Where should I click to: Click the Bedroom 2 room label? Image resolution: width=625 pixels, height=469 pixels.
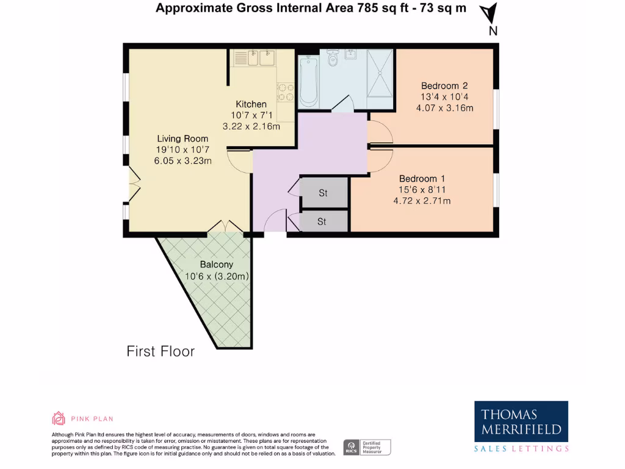pos(444,85)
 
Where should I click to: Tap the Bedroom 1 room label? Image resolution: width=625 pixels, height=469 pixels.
pos(422,178)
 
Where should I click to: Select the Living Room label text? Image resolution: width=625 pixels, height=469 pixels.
pos(182,139)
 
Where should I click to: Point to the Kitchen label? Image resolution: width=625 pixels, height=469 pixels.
pos(251,104)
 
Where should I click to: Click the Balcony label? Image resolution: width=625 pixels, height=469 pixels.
pos(217,264)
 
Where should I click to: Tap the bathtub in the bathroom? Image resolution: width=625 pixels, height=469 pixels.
pos(307,81)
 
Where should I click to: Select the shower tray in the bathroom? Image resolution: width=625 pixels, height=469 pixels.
pos(380,73)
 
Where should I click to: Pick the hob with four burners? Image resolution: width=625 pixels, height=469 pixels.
pos(285,92)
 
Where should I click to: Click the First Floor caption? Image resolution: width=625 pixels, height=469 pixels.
pos(161,351)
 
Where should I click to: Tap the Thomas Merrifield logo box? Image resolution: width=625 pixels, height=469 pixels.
pos(521,421)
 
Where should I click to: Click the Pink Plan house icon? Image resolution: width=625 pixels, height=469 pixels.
pos(59,418)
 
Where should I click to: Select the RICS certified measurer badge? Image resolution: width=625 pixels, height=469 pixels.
pos(367,447)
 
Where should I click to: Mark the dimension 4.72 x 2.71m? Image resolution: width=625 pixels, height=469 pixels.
pos(425,200)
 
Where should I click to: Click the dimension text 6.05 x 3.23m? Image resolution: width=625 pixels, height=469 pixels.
pos(183,161)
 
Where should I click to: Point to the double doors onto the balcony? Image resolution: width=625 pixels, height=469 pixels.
pos(225,227)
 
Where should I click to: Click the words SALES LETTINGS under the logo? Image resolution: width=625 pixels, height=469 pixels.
pos(521,449)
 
